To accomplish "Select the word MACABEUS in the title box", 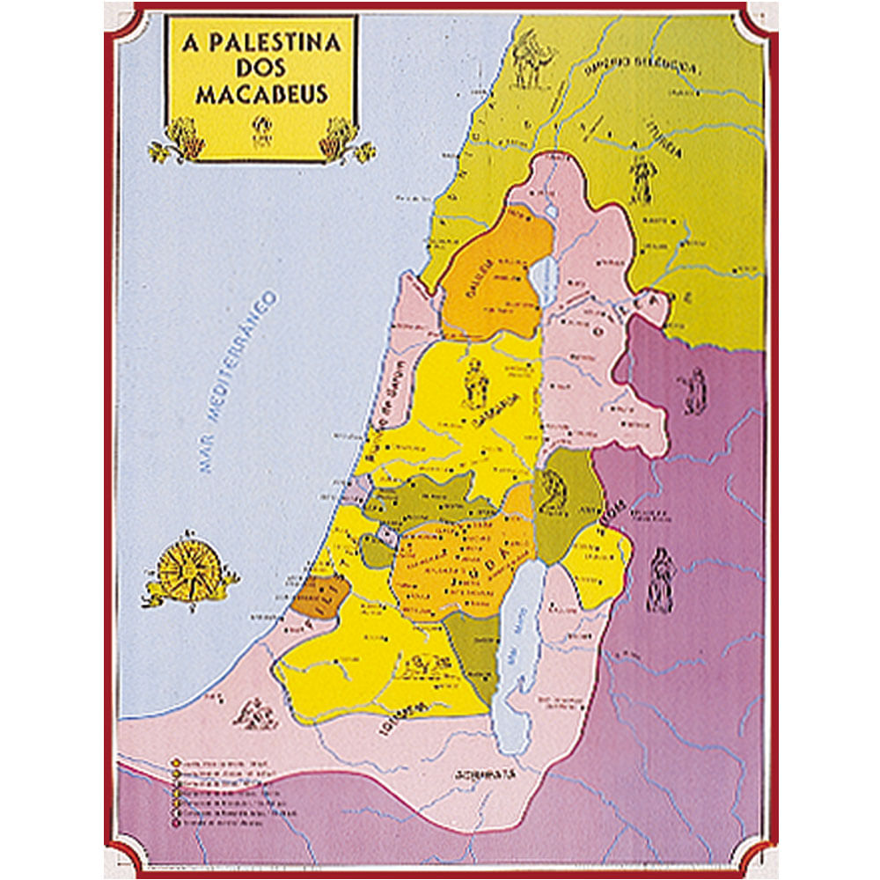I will click(261, 94).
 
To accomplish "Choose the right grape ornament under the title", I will click(341, 141).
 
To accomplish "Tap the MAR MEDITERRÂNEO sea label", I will click(237, 383).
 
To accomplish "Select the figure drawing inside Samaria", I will click(474, 382).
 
